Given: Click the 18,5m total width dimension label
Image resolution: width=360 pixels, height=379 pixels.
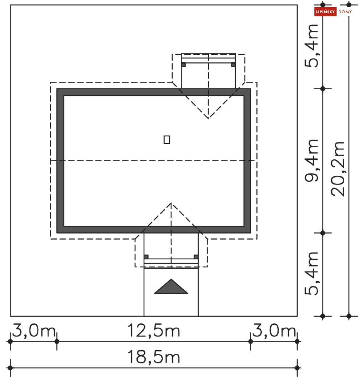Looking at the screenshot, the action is click(x=153, y=357).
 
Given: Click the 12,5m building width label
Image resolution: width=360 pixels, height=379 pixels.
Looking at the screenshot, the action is click(x=153, y=331).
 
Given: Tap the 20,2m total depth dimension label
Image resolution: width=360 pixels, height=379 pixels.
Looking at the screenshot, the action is click(x=338, y=169).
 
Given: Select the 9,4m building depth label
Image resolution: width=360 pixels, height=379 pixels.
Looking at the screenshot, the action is click(x=312, y=161).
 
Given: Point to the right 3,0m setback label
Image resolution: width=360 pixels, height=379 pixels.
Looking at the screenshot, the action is click(x=274, y=331).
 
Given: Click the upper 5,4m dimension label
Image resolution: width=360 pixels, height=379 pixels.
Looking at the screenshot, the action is click(x=312, y=46).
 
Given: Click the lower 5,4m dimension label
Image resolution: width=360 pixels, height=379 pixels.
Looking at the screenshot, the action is click(x=312, y=274).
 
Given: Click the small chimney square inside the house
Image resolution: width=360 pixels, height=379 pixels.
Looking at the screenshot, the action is click(x=167, y=140).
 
